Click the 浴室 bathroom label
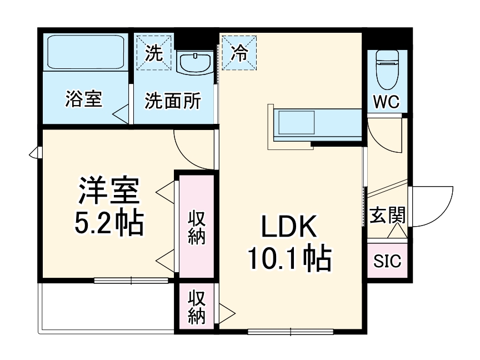pos(83,100)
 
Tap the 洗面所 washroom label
pos(173,101)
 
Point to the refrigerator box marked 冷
pos(239,53)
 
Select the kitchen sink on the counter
pos(296,122)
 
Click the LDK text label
pos(288,228)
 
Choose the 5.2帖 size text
pos(109,222)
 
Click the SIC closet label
pos(387,262)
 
